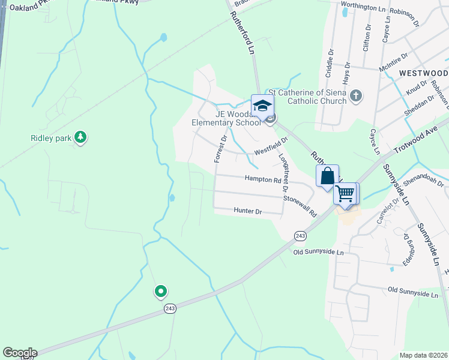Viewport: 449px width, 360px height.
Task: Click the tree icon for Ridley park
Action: (80, 138)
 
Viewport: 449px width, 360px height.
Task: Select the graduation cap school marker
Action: (262, 107)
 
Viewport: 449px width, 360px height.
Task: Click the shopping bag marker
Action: (327, 176)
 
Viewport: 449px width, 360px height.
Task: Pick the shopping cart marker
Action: (345, 194)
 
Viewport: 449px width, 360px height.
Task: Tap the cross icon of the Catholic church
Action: (356, 95)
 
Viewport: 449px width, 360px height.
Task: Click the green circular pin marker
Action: (160, 292)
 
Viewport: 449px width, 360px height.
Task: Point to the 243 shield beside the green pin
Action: (170, 308)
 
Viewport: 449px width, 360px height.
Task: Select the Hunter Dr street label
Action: (248, 212)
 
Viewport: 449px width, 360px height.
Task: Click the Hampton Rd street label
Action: (263, 179)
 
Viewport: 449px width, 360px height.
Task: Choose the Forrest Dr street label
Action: (220, 148)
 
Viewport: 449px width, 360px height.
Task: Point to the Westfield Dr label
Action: (271, 144)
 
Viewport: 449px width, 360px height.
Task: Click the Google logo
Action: (20, 353)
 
